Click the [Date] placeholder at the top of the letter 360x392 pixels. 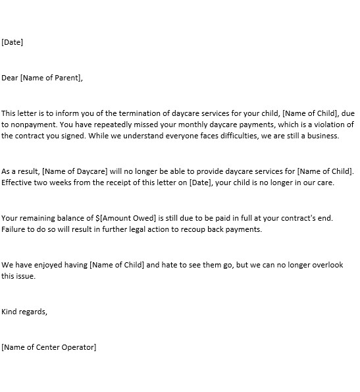[x=12, y=42]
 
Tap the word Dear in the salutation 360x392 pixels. [x=10, y=78]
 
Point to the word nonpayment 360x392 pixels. [x=35, y=125]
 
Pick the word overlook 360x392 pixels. [x=328, y=265]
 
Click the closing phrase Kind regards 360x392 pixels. [x=24, y=312]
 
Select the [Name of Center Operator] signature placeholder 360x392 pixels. [x=49, y=347]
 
